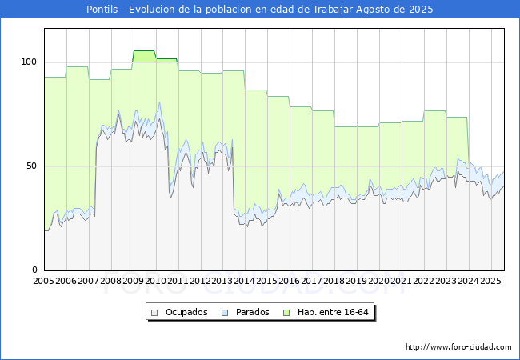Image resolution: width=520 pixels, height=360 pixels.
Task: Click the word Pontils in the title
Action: [102, 10]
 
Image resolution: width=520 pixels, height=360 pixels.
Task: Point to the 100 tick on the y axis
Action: [29, 62]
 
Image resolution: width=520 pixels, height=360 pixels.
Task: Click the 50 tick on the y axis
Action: [31, 166]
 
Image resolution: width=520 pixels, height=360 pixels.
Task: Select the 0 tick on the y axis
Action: [35, 270]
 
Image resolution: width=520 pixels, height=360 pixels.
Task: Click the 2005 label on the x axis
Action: [43, 281]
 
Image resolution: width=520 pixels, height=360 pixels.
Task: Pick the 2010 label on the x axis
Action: [155, 281]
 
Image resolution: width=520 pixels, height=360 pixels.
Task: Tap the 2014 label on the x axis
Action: [245, 281]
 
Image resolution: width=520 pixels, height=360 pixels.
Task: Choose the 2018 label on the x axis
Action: [334, 281]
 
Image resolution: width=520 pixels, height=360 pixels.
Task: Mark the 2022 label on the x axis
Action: [424, 281]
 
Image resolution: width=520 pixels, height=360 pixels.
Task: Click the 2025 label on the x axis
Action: [491, 281]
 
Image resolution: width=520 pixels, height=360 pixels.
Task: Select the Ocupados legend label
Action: [186, 312]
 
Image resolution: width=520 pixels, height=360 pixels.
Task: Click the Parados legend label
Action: [252, 312]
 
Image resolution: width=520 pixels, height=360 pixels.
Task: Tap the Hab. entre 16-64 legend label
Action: [333, 312]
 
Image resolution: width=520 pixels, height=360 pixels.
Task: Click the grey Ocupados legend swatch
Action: [154, 313]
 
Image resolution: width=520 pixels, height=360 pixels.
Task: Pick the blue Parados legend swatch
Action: [225, 313]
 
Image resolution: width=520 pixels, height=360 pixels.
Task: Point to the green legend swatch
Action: [286, 313]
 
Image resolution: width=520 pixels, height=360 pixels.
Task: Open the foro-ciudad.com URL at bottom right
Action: [458, 347]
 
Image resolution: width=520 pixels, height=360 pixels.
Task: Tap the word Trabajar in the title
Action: [333, 10]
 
